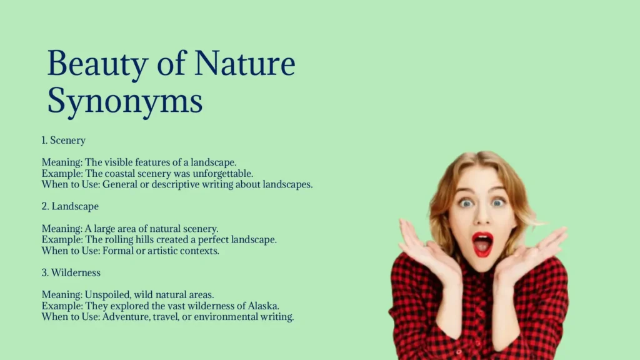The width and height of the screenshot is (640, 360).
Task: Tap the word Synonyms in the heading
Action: (125, 101)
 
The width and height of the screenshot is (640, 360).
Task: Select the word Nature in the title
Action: (244, 64)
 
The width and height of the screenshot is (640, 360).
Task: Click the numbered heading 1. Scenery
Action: (63, 141)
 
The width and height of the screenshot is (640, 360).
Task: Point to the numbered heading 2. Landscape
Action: (70, 206)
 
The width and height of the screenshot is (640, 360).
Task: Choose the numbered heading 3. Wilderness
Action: (71, 272)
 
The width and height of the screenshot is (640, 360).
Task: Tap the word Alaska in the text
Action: (263, 306)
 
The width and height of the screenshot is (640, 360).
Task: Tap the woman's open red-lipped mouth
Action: (482, 244)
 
